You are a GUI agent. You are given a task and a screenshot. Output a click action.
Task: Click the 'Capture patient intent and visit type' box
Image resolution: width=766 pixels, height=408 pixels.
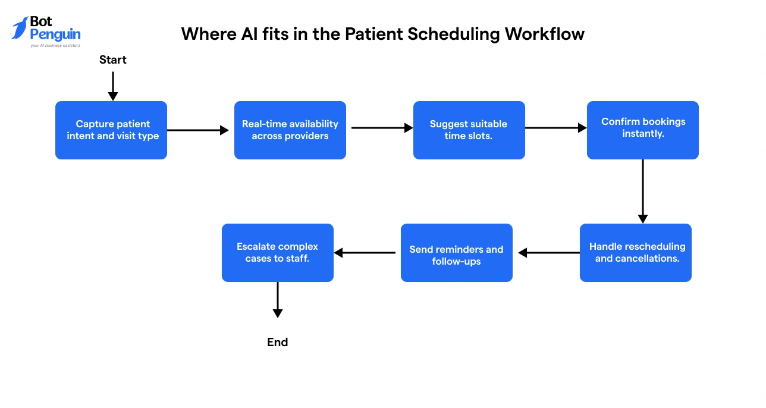[x=111, y=130]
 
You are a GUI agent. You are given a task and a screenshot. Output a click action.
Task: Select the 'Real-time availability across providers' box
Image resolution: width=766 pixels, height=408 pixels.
[x=290, y=130]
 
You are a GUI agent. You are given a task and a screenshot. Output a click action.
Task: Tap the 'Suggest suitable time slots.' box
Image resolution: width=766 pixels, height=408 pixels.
[x=469, y=130]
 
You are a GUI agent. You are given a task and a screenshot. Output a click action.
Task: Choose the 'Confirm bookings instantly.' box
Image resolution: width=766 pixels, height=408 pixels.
[x=643, y=130]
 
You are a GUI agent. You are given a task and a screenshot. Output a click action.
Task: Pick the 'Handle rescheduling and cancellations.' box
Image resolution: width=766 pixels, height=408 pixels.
[x=636, y=253]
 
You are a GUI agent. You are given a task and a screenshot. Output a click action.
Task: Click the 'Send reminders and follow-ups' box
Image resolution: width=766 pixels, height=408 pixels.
[x=456, y=253]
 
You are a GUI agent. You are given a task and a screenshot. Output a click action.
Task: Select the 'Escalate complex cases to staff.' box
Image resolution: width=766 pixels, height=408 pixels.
[x=278, y=253]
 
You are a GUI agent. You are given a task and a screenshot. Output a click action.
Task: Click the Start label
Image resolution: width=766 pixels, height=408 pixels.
[x=113, y=59]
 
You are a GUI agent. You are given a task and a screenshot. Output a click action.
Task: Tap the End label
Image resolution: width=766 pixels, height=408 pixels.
[x=278, y=342]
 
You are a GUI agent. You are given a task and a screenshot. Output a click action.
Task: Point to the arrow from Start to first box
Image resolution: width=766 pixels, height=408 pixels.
[x=113, y=86]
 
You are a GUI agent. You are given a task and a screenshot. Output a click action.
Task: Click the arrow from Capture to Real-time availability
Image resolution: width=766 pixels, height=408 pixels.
[x=198, y=130]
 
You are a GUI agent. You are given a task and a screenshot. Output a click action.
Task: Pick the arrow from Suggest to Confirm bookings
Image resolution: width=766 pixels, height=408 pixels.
[x=556, y=128]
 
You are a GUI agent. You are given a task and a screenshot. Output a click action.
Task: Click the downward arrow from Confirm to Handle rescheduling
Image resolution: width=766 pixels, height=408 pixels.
[x=643, y=190]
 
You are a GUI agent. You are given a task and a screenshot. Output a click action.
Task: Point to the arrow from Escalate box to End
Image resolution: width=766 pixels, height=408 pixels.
[x=278, y=300]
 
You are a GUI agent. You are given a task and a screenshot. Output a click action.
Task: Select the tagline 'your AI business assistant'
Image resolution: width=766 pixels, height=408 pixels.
[x=55, y=45]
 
